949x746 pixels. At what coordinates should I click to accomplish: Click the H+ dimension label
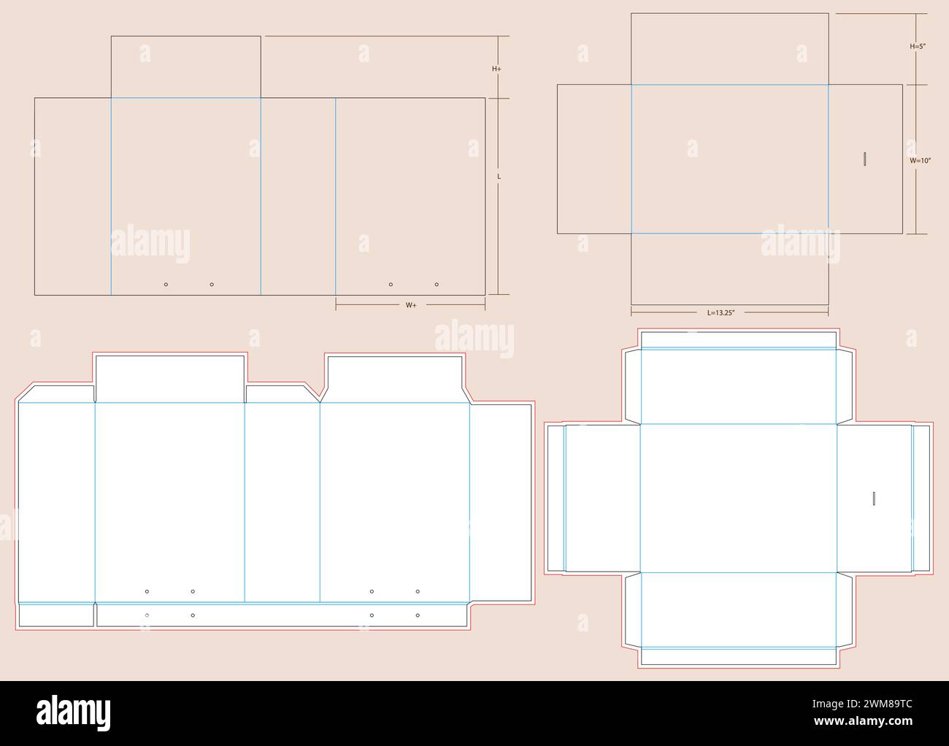click(496, 69)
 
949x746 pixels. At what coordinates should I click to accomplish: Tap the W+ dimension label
click(411, 305)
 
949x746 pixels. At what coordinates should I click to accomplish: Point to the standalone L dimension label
click(499, 177)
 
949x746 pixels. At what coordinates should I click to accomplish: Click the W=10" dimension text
click(921, 161)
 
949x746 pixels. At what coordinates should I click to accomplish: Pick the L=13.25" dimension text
click(721, 312)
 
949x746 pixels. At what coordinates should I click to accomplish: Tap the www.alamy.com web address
click(863, 721)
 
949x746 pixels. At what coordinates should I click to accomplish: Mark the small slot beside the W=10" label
click(865, 159)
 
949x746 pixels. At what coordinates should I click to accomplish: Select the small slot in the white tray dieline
click(874, 499)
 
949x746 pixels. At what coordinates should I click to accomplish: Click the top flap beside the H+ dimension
click(185, 67)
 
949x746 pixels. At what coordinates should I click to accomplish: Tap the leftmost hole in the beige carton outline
click(166, 285)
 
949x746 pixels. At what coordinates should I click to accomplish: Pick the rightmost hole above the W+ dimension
click(437, 285)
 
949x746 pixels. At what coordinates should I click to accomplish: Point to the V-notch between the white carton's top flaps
click(320, 401)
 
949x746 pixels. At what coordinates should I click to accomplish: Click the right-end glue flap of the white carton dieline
click(501, 503)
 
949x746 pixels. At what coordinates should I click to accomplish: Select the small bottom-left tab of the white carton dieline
click(56, 615)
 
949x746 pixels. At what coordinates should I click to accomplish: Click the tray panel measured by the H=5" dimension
click(730, 49)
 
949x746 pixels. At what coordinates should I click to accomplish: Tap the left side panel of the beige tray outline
click(594, 159)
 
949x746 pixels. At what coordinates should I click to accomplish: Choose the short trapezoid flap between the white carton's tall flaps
click(283, 394)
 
